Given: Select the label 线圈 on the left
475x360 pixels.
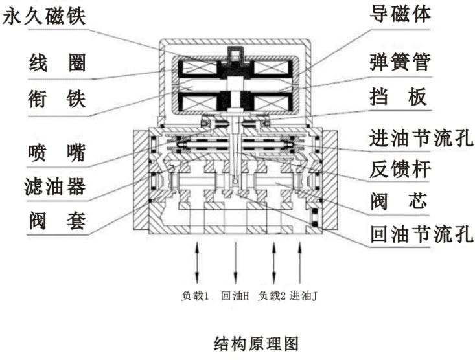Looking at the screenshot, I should [x=58, y=64].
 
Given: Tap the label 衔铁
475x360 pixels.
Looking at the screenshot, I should [x=58, y=99].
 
